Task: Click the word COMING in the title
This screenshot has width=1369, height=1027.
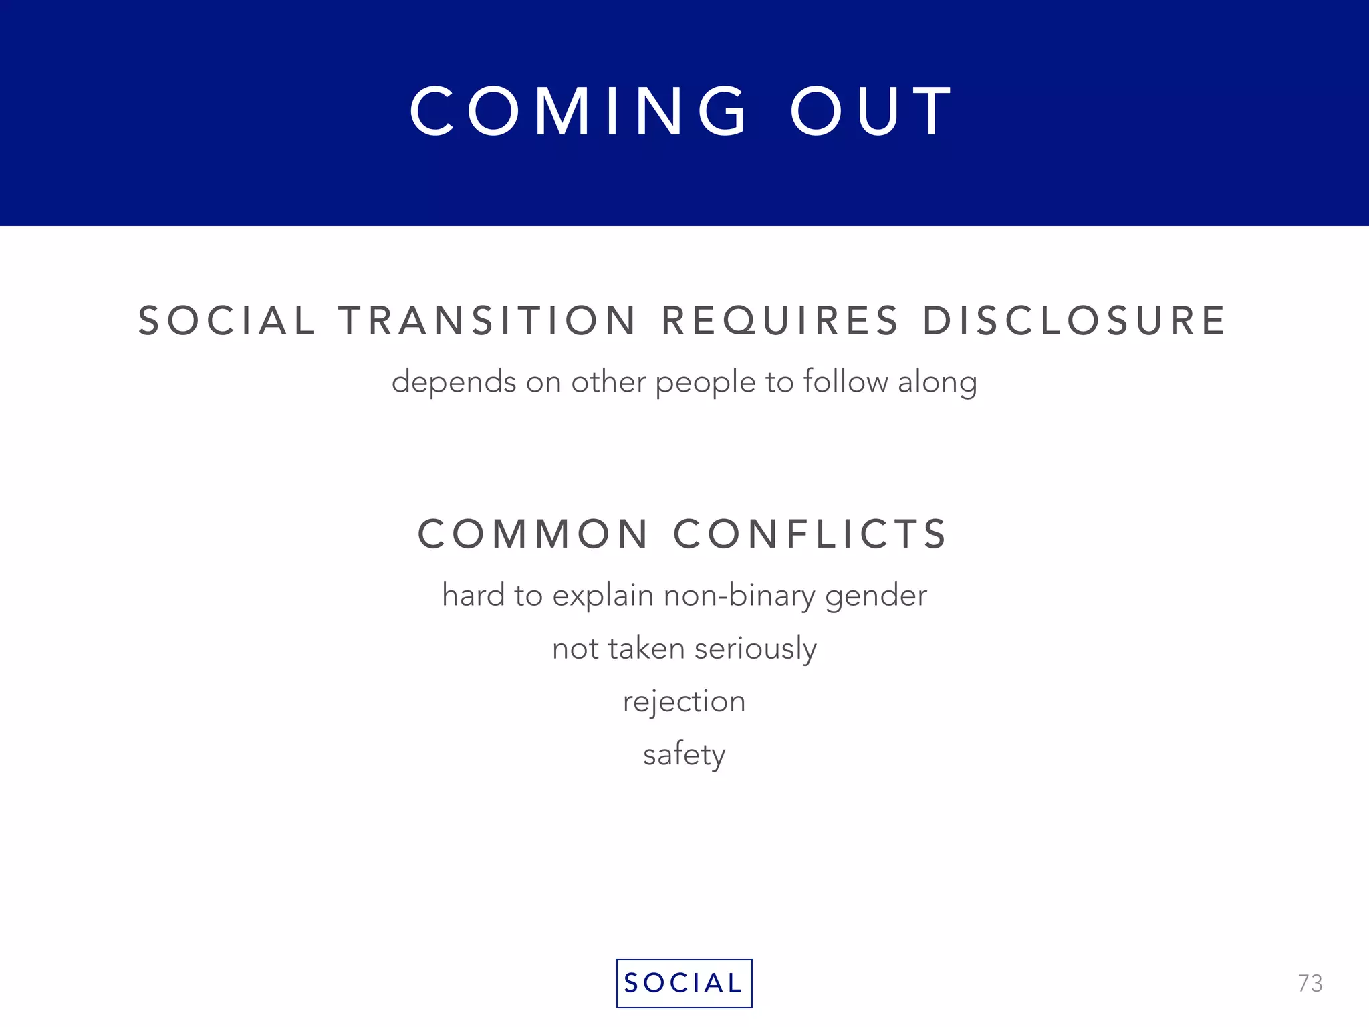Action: tap(579, 111)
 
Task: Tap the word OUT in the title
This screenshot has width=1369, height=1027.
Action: tap(872, 111)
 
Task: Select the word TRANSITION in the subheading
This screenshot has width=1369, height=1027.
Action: tap(488, 320)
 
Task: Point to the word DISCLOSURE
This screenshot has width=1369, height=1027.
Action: tap(1074, 320)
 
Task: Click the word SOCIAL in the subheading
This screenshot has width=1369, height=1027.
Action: tap(226, 320)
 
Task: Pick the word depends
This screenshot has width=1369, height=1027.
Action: tap(454, 382)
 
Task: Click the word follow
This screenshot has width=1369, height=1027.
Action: tap(846, 382)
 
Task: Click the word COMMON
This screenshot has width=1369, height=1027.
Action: tap(533, 534)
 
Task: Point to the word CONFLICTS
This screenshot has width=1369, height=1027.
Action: tap(810, 534)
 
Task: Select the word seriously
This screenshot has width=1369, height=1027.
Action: tap(755, 649)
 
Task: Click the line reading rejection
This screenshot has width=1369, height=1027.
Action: tap(684, 702)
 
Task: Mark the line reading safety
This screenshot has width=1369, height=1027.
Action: tap(684, 755)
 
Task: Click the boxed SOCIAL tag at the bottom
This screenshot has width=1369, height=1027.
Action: tap(684, 983)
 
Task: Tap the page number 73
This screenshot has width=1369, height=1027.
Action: tap(1310, 984)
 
